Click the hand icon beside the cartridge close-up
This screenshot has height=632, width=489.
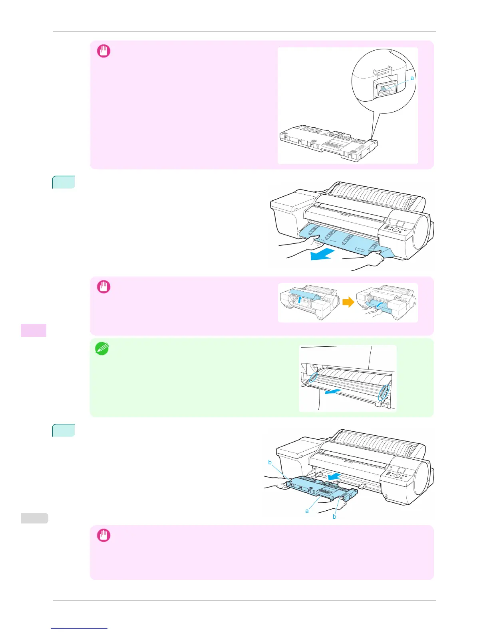click(104, 51)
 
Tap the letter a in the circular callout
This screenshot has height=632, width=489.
click(412, 78)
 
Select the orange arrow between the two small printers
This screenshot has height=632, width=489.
click(348, 302)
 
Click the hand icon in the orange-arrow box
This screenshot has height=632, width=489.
click(104, 287)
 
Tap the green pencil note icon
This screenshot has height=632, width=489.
click(102, 349)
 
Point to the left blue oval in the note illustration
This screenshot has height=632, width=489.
click(313, 378)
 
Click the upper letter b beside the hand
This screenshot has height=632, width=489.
click(270, 462)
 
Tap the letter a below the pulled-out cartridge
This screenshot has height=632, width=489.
click(307, 511)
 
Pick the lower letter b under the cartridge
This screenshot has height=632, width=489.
click(334, 517)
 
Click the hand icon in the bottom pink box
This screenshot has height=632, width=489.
click(104, 535)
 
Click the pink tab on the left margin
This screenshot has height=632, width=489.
click(34, 330)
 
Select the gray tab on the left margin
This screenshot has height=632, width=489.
click(34, 518)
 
